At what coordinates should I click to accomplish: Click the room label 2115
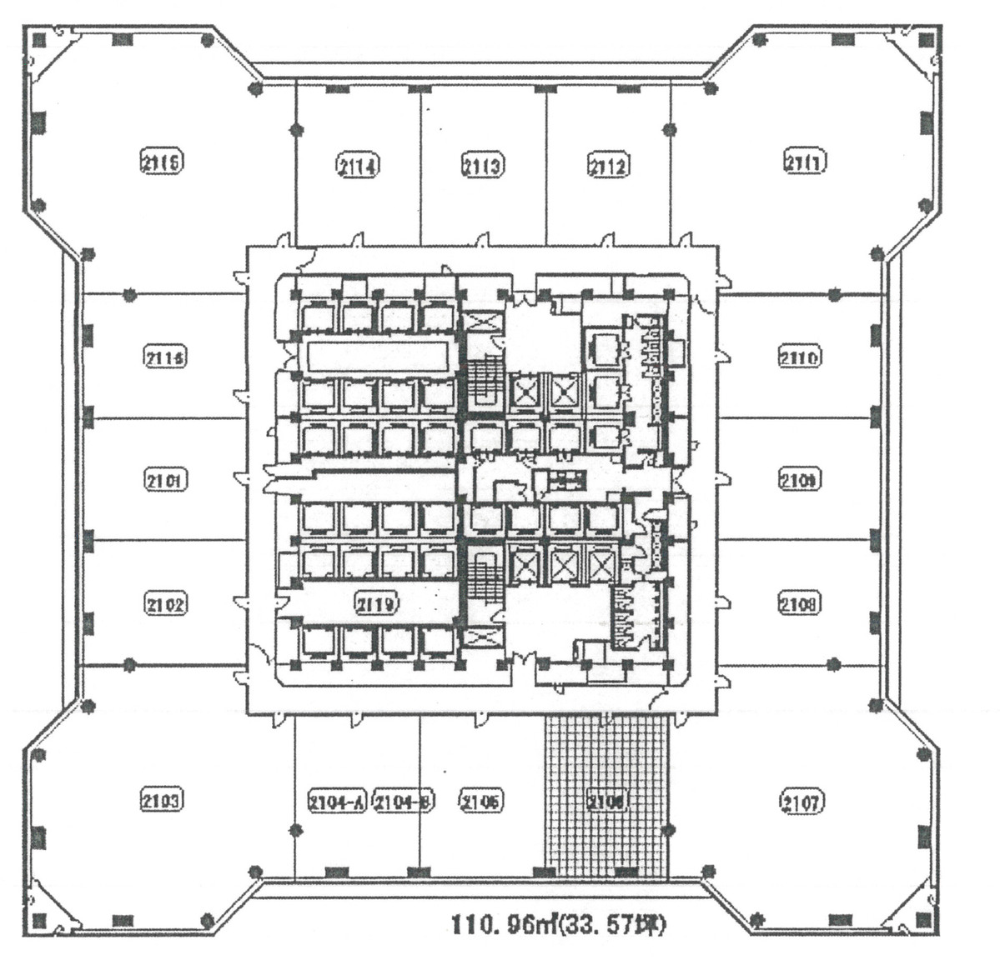162,161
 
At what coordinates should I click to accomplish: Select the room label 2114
359,165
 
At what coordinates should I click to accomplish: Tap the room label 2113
482,165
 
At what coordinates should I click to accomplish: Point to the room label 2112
608,165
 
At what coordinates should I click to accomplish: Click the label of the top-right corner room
805,160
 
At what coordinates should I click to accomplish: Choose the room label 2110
800,357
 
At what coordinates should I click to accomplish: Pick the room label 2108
799,602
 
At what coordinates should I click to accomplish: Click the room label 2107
802,802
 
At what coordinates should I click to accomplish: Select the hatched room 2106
606,801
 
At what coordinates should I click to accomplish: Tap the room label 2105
481,801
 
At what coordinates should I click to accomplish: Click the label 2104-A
336,802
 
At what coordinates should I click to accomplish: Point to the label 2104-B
403,802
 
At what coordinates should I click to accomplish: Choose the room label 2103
160,801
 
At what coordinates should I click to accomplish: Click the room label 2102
165,603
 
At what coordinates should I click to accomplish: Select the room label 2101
166,480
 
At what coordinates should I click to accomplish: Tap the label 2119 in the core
376,602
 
